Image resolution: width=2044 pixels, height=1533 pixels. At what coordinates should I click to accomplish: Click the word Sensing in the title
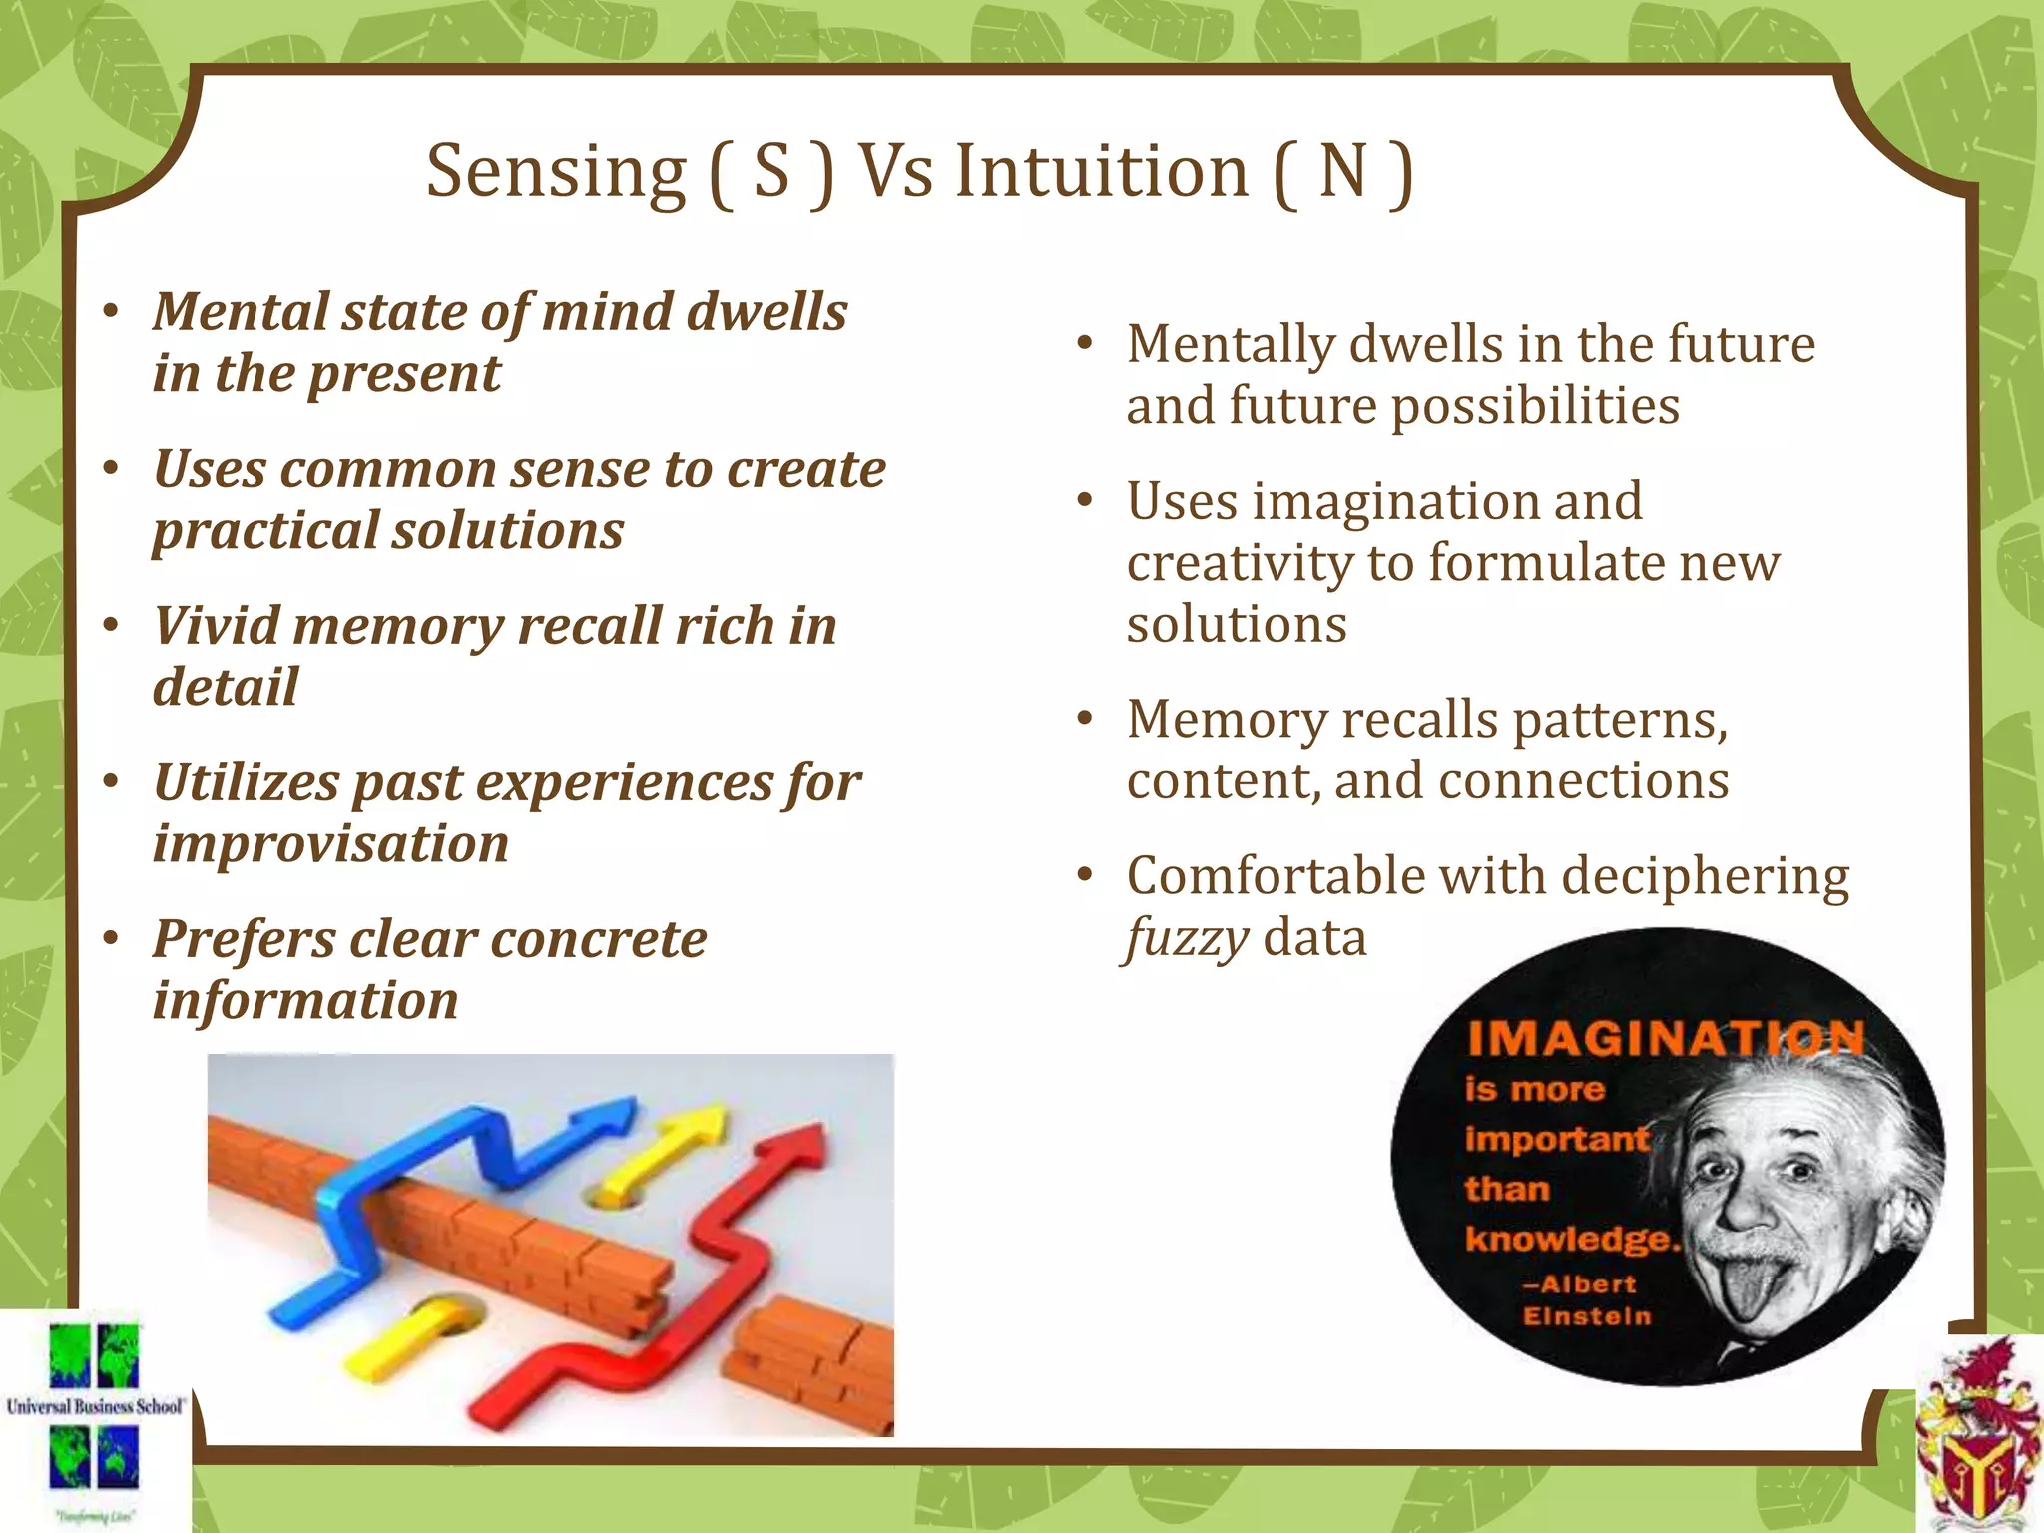pyautogui.click(x=556, y=172)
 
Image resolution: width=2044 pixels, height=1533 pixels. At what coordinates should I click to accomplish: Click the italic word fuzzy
pyautogui.click(x=1186, y=939)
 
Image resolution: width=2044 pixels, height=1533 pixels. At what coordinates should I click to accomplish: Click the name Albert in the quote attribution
pyautogui.click(x=1588, y=1284)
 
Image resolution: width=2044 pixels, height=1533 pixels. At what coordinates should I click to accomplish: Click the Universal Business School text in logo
pyautogui.click(x=95, y=1406)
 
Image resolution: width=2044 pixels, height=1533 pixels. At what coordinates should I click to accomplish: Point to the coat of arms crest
pyautogui.click(x=1976, y=1437)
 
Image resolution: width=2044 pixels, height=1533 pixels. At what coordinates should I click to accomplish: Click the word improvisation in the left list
pyautogui.click(x=330, y=844)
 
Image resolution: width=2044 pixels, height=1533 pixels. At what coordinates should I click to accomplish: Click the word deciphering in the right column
pyautogui.click(x=1705, y=877)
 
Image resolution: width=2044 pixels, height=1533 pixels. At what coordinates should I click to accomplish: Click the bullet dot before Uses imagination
pyautogui.click(x=1085, y=500)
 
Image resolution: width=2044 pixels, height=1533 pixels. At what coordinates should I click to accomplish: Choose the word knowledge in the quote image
pyautogui.click(x=1570, y=1239)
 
